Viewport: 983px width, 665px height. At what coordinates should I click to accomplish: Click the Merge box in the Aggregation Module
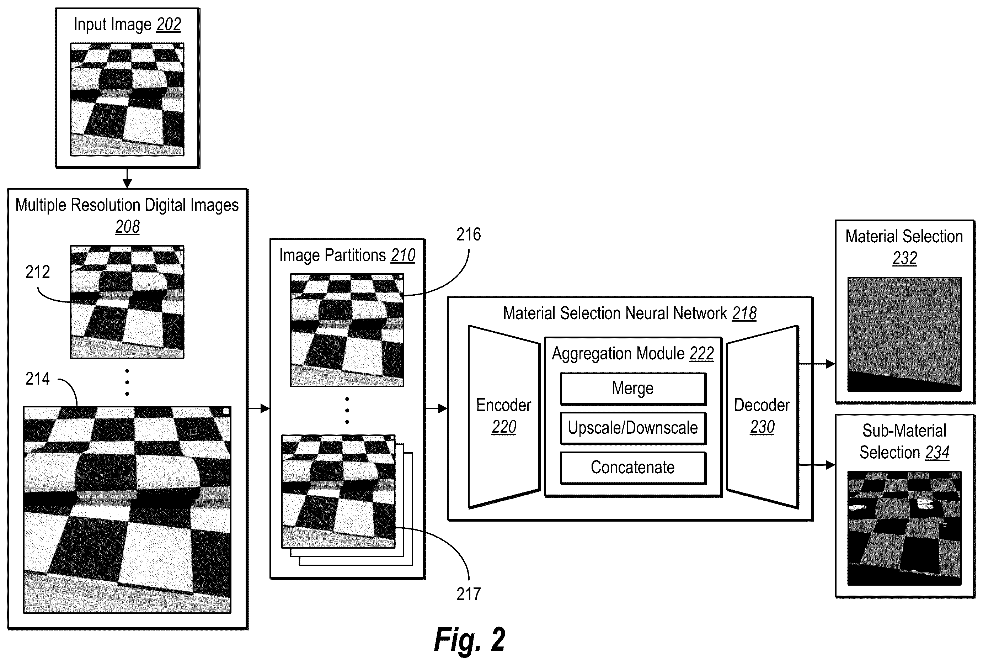[x=633, y=389]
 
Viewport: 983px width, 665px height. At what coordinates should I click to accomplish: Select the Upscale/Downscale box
[x=633, y=428]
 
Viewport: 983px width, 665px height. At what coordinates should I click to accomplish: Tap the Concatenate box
[x=633, y=468]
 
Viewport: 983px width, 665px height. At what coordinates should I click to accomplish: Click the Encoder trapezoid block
[x=504, y=417]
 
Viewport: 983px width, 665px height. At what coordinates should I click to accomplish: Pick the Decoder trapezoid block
[x=762, y=417]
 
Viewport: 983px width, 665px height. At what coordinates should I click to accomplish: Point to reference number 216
[x=469, y=234]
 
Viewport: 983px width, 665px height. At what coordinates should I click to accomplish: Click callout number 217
[x=469, y=594]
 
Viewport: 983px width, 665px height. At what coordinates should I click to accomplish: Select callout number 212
[x=38, y=272]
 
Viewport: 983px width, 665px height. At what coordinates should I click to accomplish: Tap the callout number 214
[x=38, y=379]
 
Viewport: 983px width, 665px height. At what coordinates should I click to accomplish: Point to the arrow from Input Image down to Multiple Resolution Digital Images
[x=127, y=178]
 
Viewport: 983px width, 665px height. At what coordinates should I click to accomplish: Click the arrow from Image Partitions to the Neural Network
[x=437, y=408]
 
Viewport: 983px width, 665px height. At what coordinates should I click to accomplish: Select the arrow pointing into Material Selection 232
[x=817, y=364]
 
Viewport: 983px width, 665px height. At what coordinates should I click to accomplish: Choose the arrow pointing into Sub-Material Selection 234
[x=817, y=465]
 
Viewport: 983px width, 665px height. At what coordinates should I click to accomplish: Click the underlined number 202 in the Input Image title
[x=169, y=25]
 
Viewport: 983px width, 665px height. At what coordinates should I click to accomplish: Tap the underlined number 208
[x=127, y=227]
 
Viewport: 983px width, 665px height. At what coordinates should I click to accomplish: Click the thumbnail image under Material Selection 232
[x=904, y=334]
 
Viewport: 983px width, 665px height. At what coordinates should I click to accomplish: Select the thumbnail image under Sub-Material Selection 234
[x=904, y=528]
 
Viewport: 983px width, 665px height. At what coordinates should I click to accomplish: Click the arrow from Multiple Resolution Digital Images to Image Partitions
[x=259, y=408]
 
